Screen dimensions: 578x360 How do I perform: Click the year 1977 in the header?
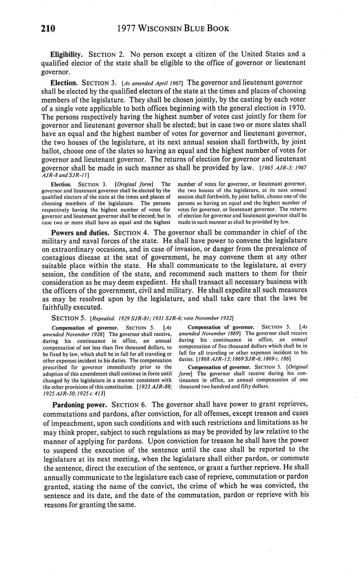127,28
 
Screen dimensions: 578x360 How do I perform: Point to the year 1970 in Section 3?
297,107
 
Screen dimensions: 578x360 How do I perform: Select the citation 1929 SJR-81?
145,318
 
